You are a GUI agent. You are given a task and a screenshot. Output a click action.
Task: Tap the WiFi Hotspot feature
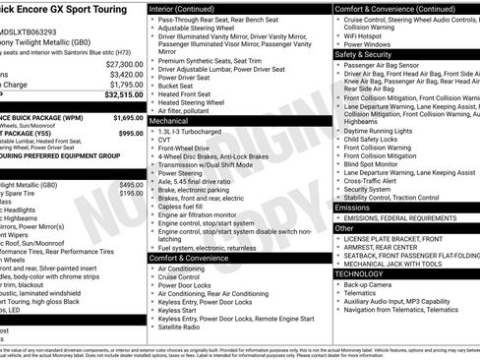coord(367,35)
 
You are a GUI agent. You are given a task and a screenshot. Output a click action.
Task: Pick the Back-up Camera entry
coord(370,284)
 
